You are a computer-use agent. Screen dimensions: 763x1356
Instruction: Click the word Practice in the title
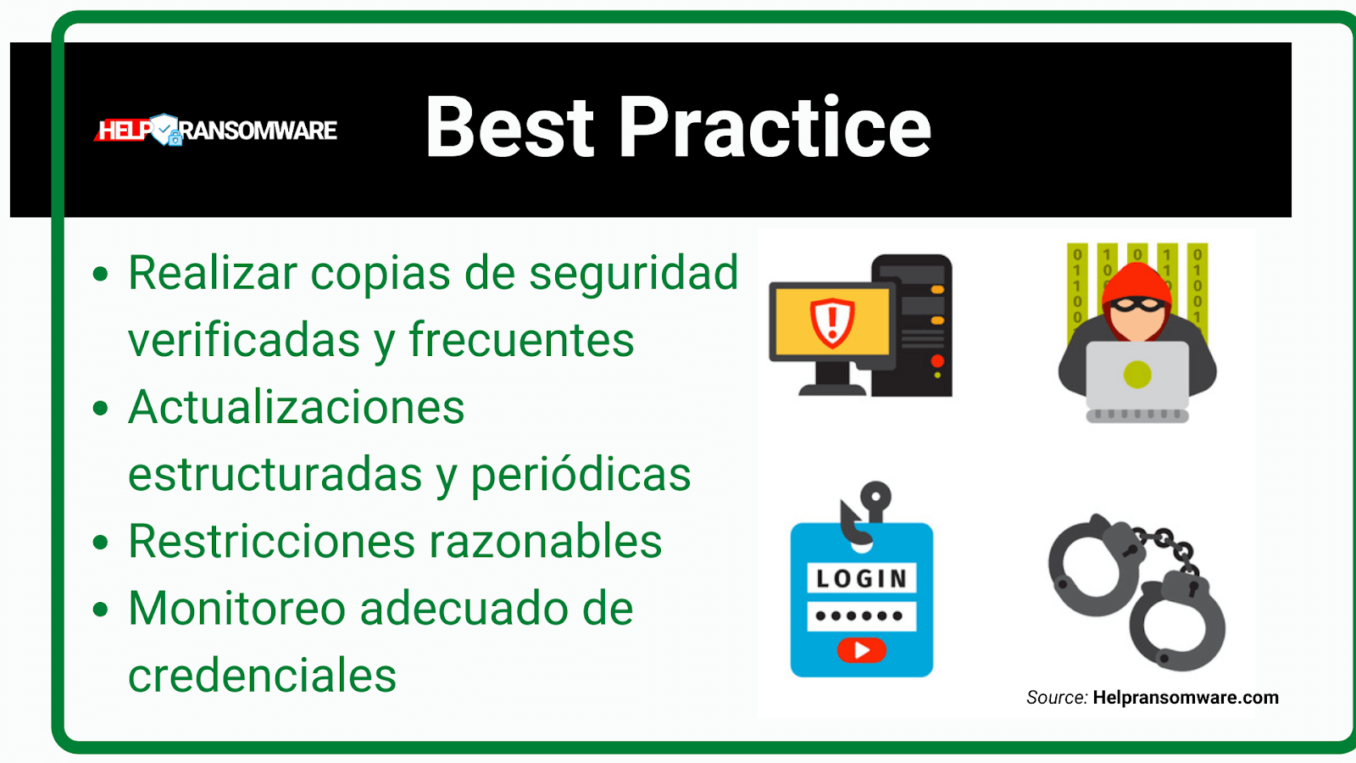click(x=775, y=128)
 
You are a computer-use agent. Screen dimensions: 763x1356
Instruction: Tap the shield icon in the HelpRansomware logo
click(x=164, y=130)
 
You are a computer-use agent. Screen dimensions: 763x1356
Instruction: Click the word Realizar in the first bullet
click(x=213, y=274)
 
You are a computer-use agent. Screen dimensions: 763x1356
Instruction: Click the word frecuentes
click(x=521, y=341)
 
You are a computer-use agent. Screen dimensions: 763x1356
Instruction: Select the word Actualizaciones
click(x=297, y=408)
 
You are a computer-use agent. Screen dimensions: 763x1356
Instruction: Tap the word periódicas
click(x=581, y=475)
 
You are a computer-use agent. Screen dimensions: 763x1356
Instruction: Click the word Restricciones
click(x=272, y=542)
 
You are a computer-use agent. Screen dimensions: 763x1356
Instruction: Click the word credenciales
click(x=262, y=676)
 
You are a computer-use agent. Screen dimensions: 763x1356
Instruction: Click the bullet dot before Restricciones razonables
click(x=101, y=543)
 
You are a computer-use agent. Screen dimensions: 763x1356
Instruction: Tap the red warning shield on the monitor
click(x=832, y=322)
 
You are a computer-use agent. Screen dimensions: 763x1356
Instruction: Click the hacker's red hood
click(x=1136, y=280)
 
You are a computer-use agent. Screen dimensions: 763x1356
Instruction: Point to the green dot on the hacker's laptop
click(x=1136, y=374)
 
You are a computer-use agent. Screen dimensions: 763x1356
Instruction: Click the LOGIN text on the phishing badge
click(x=861, y=579)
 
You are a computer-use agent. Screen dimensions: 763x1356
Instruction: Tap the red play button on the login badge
click(x=861, y=650)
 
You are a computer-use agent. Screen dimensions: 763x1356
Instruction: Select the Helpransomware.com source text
click(x=1185, y=698)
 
